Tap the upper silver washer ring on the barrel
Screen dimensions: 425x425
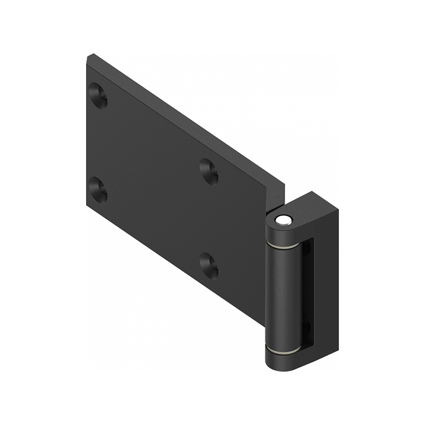tap(283, 246)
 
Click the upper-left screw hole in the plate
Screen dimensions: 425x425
tap(98, 95)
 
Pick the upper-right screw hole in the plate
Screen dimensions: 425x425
tap(209, 171)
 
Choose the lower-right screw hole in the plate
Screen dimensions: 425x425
tap(209, 264)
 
